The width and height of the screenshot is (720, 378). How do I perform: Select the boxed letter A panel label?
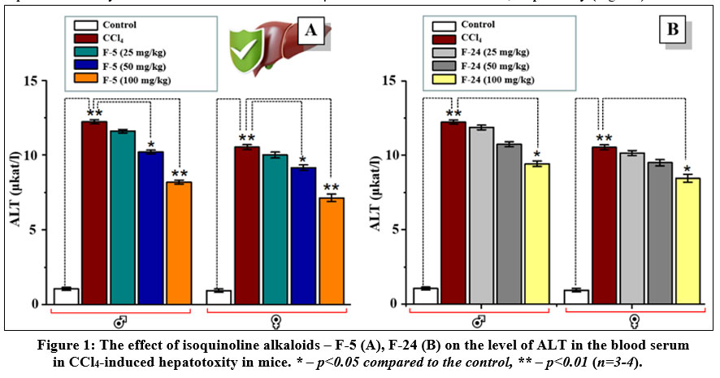coord(310,32)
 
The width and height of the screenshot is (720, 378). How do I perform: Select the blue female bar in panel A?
coord(303,235)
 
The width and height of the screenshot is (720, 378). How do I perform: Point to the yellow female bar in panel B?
coord(687,241)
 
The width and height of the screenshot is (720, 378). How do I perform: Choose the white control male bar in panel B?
coord(425,296)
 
